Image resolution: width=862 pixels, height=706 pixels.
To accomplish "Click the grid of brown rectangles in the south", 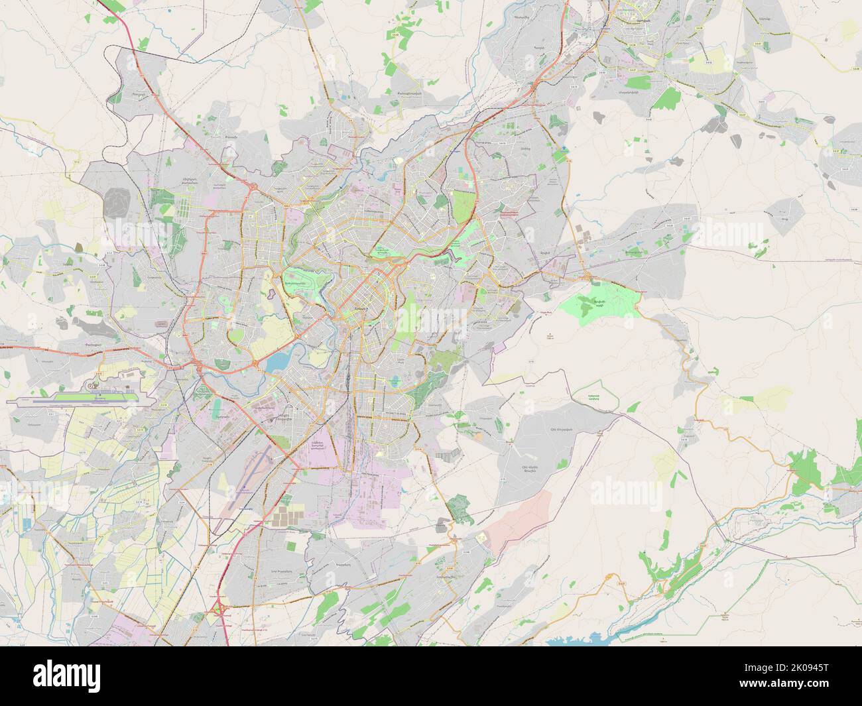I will coord(291,516).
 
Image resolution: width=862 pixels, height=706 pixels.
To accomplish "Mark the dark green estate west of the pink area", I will coord(458,510).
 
